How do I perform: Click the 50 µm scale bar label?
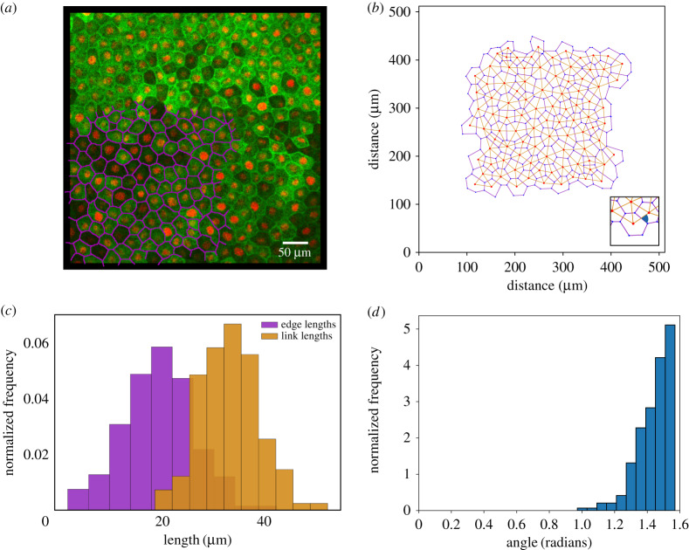[294, 252]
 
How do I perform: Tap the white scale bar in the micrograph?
[294, 240]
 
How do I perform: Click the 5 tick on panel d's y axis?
[405, 328]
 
